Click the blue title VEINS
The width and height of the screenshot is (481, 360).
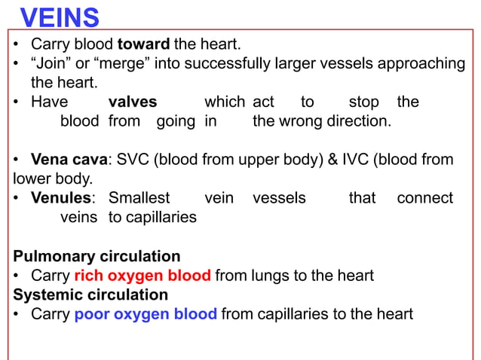click(60, 17)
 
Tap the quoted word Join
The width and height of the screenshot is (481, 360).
click(51, 63)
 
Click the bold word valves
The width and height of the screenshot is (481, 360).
click(133, 102)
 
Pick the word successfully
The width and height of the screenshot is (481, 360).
click(220, 63)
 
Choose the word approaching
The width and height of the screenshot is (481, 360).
click(423, 63)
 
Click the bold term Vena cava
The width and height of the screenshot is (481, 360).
click(69, 160)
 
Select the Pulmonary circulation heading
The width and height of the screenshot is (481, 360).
click(97, 256)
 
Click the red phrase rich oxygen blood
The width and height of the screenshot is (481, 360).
click(143, 276)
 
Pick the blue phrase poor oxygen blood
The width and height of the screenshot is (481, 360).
click(146, 314)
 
